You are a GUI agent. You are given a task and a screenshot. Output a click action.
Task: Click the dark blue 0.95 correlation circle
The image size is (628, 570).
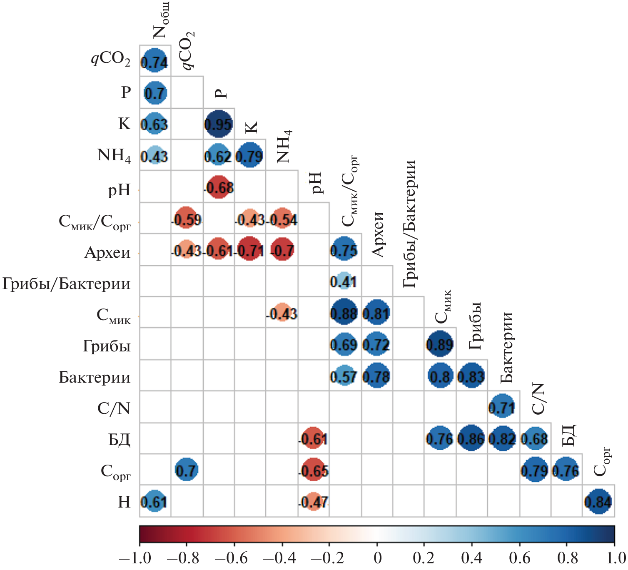219,124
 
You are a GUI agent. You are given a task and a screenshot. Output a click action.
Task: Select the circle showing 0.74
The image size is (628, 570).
155,61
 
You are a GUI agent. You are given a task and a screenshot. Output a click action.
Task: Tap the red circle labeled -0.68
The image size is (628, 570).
219,187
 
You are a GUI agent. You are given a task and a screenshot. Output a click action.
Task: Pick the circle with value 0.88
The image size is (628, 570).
344,313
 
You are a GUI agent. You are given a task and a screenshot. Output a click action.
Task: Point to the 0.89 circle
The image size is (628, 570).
440,344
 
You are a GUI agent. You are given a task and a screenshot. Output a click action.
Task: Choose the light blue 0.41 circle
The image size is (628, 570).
344,281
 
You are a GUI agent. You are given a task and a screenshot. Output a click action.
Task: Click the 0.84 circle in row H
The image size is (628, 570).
598,501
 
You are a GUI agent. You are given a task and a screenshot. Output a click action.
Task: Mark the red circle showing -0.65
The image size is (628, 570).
313,470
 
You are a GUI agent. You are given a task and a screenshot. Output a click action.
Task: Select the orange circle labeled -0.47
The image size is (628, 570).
313,501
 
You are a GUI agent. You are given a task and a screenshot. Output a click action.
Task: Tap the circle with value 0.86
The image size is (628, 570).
471,438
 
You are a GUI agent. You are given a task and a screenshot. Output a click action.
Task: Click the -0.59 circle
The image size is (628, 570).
187,219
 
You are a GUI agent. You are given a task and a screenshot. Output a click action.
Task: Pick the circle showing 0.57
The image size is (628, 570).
344,376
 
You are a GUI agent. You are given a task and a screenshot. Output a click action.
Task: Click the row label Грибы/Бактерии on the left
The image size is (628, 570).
67,284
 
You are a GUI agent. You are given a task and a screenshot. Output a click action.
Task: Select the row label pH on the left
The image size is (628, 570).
119,190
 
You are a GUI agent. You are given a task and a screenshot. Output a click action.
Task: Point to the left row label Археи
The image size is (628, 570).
107,253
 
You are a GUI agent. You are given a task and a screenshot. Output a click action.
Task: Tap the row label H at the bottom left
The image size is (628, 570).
124,502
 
